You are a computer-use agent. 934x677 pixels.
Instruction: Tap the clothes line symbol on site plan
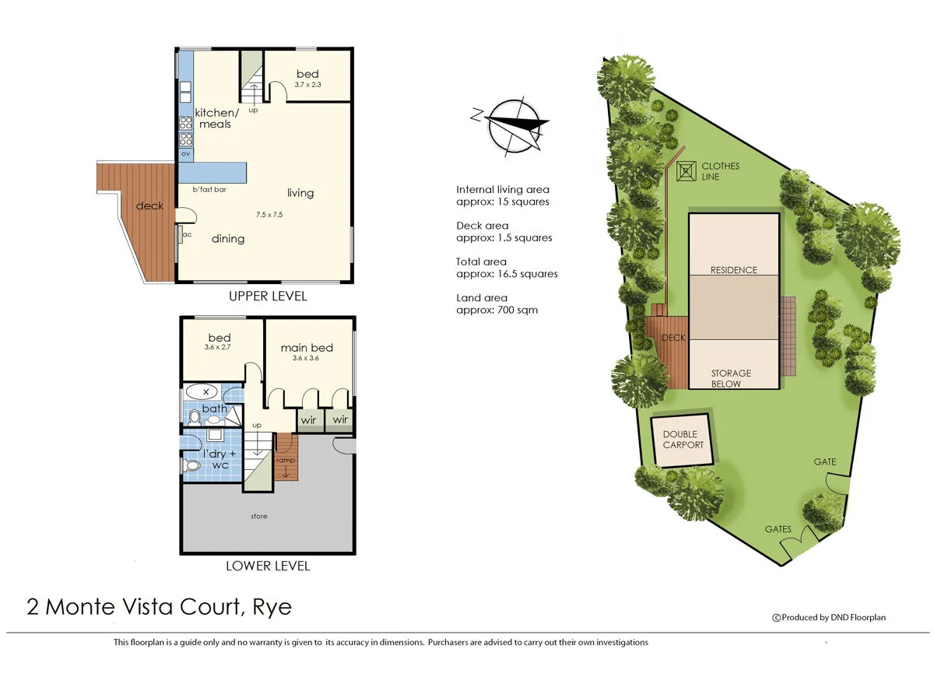[x=686, y=171]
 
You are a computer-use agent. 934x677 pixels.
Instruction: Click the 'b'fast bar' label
[x=209, y=190]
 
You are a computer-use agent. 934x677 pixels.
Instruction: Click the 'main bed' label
[x=307, y=348]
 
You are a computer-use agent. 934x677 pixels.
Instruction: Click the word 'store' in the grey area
[x=259, y=516]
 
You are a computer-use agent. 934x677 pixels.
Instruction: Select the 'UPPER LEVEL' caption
[x=268, y=296]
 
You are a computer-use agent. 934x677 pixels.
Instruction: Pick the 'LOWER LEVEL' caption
[x=268, y=566]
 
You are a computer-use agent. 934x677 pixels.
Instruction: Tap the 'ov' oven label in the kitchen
[x=186, y=154]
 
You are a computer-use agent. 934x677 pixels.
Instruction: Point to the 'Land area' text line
[x=482, y=298]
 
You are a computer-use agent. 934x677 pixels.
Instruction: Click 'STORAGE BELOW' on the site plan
[x=731, y=378]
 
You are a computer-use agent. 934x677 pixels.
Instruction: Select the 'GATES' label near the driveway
[x=778, y=529]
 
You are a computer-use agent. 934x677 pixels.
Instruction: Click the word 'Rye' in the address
[x=272, y=607]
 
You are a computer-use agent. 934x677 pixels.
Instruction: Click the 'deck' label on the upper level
[x=149, y=205]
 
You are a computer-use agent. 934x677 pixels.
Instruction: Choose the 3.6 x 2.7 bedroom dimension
[x=219, y=348]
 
